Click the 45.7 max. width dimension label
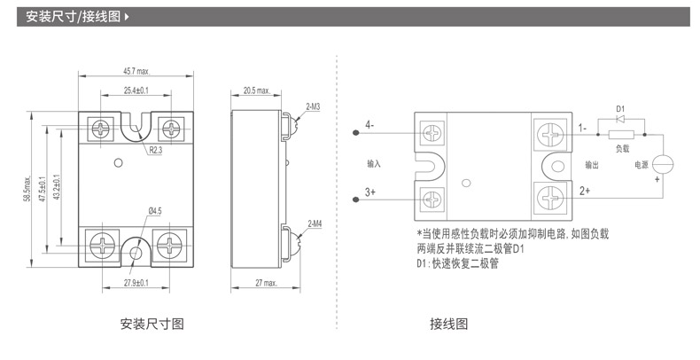tap(136, 72)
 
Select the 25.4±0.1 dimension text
tap(136, 90)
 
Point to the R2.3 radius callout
tap(155, 150)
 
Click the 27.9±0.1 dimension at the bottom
tap(136, 283)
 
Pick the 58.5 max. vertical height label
tap(27, 189)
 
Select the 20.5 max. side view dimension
tap(257, 90)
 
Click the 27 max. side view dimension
tap(266, 283)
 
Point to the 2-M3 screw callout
tap(313, 106)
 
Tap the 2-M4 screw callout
tap(315, 223)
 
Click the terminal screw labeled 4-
tap(432, 133)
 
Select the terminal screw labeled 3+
tap(432, 200)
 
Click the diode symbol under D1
tap(619, 119)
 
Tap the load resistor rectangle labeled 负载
tap(621, 134)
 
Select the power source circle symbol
tap(663, 164)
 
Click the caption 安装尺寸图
tap(152, 324)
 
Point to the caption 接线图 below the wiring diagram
tap(448, 324)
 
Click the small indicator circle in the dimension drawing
tap(119, 163)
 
